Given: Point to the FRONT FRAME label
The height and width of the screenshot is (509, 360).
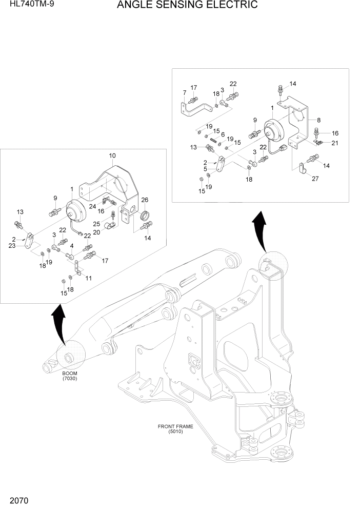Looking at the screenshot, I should click(172, 426).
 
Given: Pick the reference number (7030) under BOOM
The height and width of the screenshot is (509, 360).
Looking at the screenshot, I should click(69, 379).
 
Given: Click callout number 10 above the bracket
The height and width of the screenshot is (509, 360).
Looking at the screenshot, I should click(112, 155).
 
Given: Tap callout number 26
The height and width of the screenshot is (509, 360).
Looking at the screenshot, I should click(145, 200).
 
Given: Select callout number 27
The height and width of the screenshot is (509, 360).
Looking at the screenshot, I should click(315, 179).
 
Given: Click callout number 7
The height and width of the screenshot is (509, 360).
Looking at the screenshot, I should click(184, 92).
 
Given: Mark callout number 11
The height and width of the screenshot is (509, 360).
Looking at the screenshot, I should click(88, 278).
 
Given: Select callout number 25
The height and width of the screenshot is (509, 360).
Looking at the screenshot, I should click(96, 224).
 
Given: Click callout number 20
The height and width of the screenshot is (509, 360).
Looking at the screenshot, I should click(96, 231).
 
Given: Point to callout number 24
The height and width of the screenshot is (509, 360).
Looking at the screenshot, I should click(93, 207).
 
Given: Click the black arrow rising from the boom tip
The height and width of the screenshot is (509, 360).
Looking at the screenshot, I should click(59, 323).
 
